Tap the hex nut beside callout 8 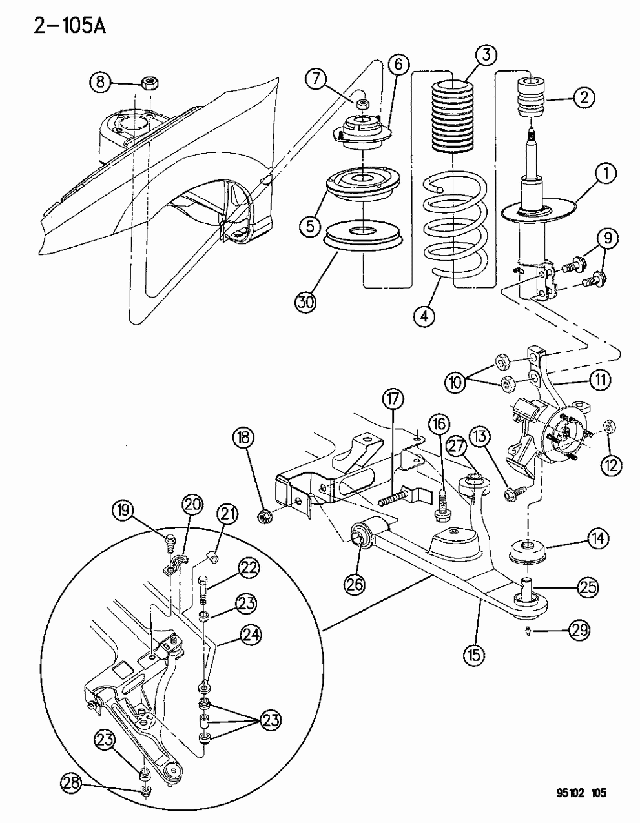(x=150, y=83)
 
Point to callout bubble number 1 (x=606, y=174)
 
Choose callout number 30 (x=307, y=301)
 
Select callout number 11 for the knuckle (x=600, y=380)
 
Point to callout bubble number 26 (x=356, y=584)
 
